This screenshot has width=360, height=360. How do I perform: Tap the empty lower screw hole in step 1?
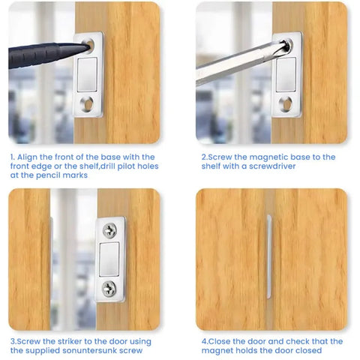[87, 104]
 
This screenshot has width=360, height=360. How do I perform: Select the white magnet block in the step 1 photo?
[88, 76]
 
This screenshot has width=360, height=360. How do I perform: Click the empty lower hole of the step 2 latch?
[285, 103]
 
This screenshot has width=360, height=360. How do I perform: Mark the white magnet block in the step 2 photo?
[286, 74]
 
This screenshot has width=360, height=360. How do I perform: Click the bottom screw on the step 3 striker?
[110, 286]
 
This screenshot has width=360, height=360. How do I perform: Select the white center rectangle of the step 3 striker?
[110, 257]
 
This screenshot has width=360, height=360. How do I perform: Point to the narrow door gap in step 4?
[268, 259]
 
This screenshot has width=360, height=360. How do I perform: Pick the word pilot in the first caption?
[130, 166]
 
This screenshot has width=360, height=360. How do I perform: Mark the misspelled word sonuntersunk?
[90, 350]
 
